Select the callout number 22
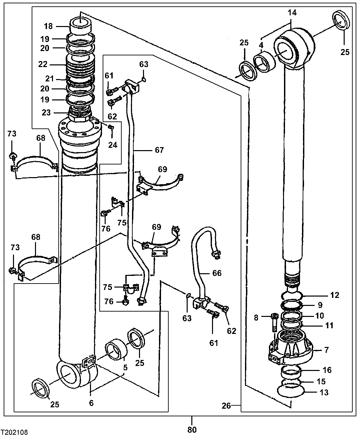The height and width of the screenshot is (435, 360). [43, 64]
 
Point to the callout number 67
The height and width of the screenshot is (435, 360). [159, 150]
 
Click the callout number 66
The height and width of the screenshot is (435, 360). [217, 273]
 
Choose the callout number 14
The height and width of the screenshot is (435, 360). [292, 13]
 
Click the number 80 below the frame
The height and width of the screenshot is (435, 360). [192, 429]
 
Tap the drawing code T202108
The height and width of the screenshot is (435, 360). [14, 432]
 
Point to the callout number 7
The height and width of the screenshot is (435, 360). [326, 350]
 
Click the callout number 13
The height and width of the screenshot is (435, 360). [324, 392]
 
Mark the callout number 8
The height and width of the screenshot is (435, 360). [256, 318]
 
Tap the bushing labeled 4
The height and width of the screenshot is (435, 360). [264, 61]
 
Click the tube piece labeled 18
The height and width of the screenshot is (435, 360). [80, 25]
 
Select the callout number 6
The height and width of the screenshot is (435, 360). [91, 403]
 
